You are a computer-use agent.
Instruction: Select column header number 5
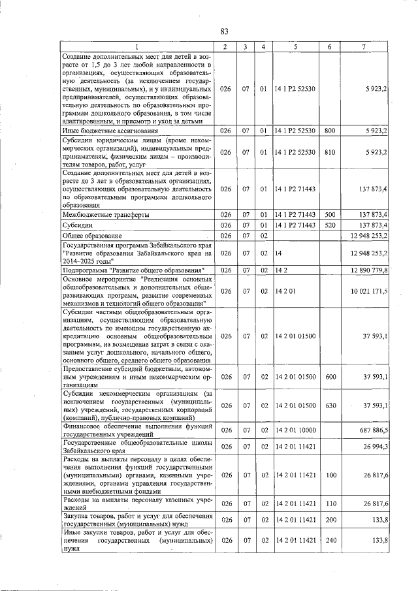coord(295,46)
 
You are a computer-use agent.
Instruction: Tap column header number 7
coord(363,46)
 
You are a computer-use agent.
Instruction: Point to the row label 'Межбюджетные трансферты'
coord(105,214)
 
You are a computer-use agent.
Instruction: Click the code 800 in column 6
coord(330,131)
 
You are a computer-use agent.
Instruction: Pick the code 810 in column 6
coord(330,152)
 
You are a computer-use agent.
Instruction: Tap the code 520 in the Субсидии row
coord(330,225)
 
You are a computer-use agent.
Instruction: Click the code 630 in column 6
coord(330,406)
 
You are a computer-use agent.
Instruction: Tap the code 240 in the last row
coord(330,541)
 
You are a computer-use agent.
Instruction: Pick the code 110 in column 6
coord(330,503)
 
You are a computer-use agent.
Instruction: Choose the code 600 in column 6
coord(330,377)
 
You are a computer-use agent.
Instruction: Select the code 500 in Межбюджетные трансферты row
coord(330,214)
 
